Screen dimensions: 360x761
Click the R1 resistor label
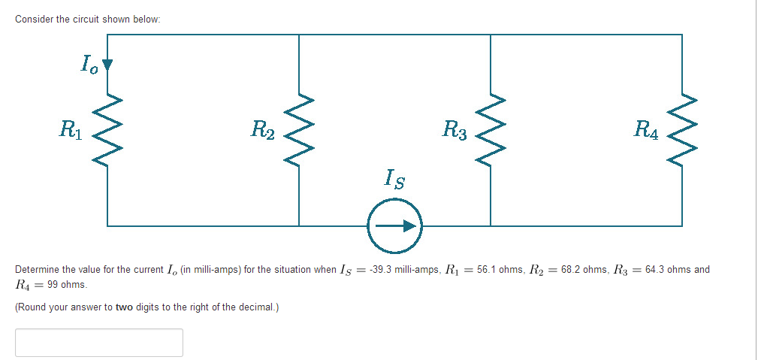point(73,129)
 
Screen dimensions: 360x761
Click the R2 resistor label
point(263,129)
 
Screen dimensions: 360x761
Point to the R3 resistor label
point(454,129)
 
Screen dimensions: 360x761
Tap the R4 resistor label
point(647,129)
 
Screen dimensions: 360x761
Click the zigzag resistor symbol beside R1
point(107,129)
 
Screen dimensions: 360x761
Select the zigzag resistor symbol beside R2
point(299,129)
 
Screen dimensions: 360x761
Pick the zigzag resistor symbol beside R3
point(491,129)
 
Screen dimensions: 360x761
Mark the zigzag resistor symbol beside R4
point(682,129)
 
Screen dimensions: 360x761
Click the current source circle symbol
point(395,225)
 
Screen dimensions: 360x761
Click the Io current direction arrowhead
point(107,65)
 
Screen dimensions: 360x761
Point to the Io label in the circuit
point(89,64)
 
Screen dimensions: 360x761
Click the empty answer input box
point(98,343)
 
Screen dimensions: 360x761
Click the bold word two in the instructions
point(124,307)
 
